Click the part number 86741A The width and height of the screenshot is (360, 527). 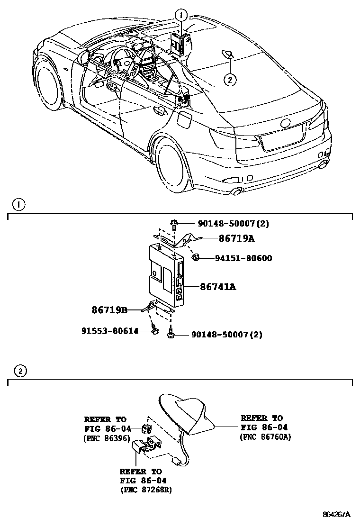[x=218, y=287]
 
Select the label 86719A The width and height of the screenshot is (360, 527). [x=236, y=238]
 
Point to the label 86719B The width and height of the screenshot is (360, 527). [x=109, y=310]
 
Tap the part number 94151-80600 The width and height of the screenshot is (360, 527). [x=243, y=258]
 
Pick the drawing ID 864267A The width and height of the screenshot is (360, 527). [x=336, y=514]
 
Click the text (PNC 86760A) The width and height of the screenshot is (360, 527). [x=265, y=436]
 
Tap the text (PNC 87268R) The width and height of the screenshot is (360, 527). [x=146, y=490]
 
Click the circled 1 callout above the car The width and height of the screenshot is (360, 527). [x=180, y=15]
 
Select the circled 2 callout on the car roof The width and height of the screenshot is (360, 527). [x=230, y=80]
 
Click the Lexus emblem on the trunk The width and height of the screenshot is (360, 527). [x=286, y=123]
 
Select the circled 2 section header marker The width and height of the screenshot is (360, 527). [x=20, y=371]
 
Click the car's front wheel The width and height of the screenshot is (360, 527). [x=50, y=91]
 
